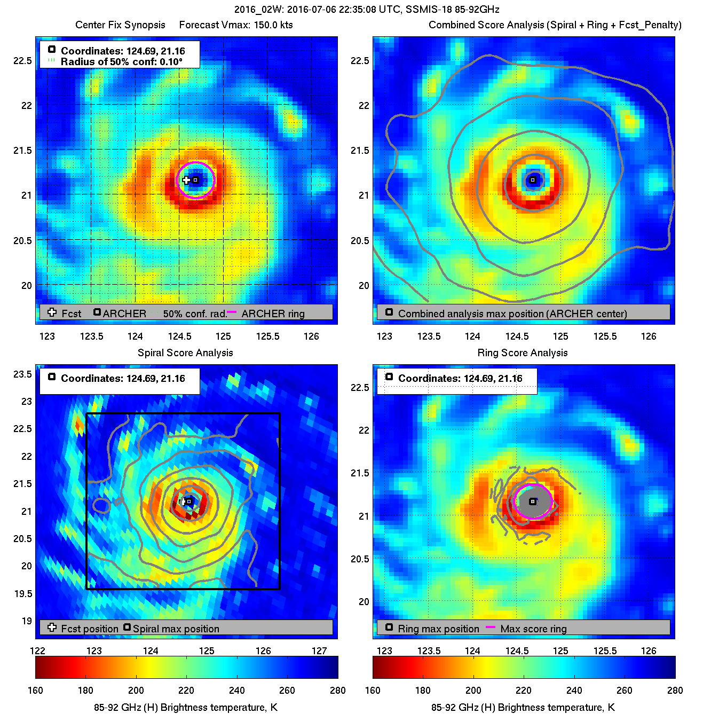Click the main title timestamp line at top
[x=367, y=10]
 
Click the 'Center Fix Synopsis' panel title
[x=120, y=25]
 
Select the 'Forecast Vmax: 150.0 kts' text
[x=236, y=25]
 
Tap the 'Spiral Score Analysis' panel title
[x=185, y=353]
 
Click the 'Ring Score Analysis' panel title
[x=523, y=353]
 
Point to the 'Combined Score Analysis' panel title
[x=555, y=25]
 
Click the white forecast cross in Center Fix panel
[x=186, y=180]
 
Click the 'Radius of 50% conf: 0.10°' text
[x=121, y=62]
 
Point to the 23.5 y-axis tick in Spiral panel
[x=23, y=374]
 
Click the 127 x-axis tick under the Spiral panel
[x=319, y=651]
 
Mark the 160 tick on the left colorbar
[x=35, y=690]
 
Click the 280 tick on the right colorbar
[x=675, y=690]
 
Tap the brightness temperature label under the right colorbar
[x=523, y=708]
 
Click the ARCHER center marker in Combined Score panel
[x=533, y=180]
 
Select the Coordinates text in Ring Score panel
[x=460, y=379]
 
